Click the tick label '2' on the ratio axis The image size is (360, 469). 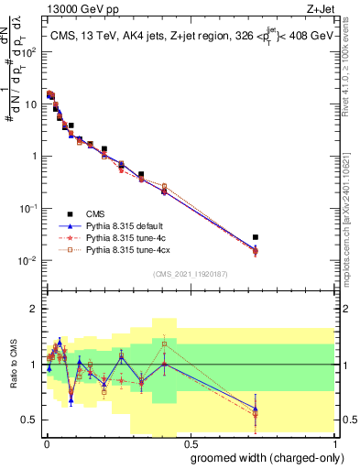point(34,309)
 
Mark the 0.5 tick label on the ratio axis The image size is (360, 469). point(30,420)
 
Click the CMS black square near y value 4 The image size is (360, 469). point(71,125)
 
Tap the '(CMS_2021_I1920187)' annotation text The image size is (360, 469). point(190,273)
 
